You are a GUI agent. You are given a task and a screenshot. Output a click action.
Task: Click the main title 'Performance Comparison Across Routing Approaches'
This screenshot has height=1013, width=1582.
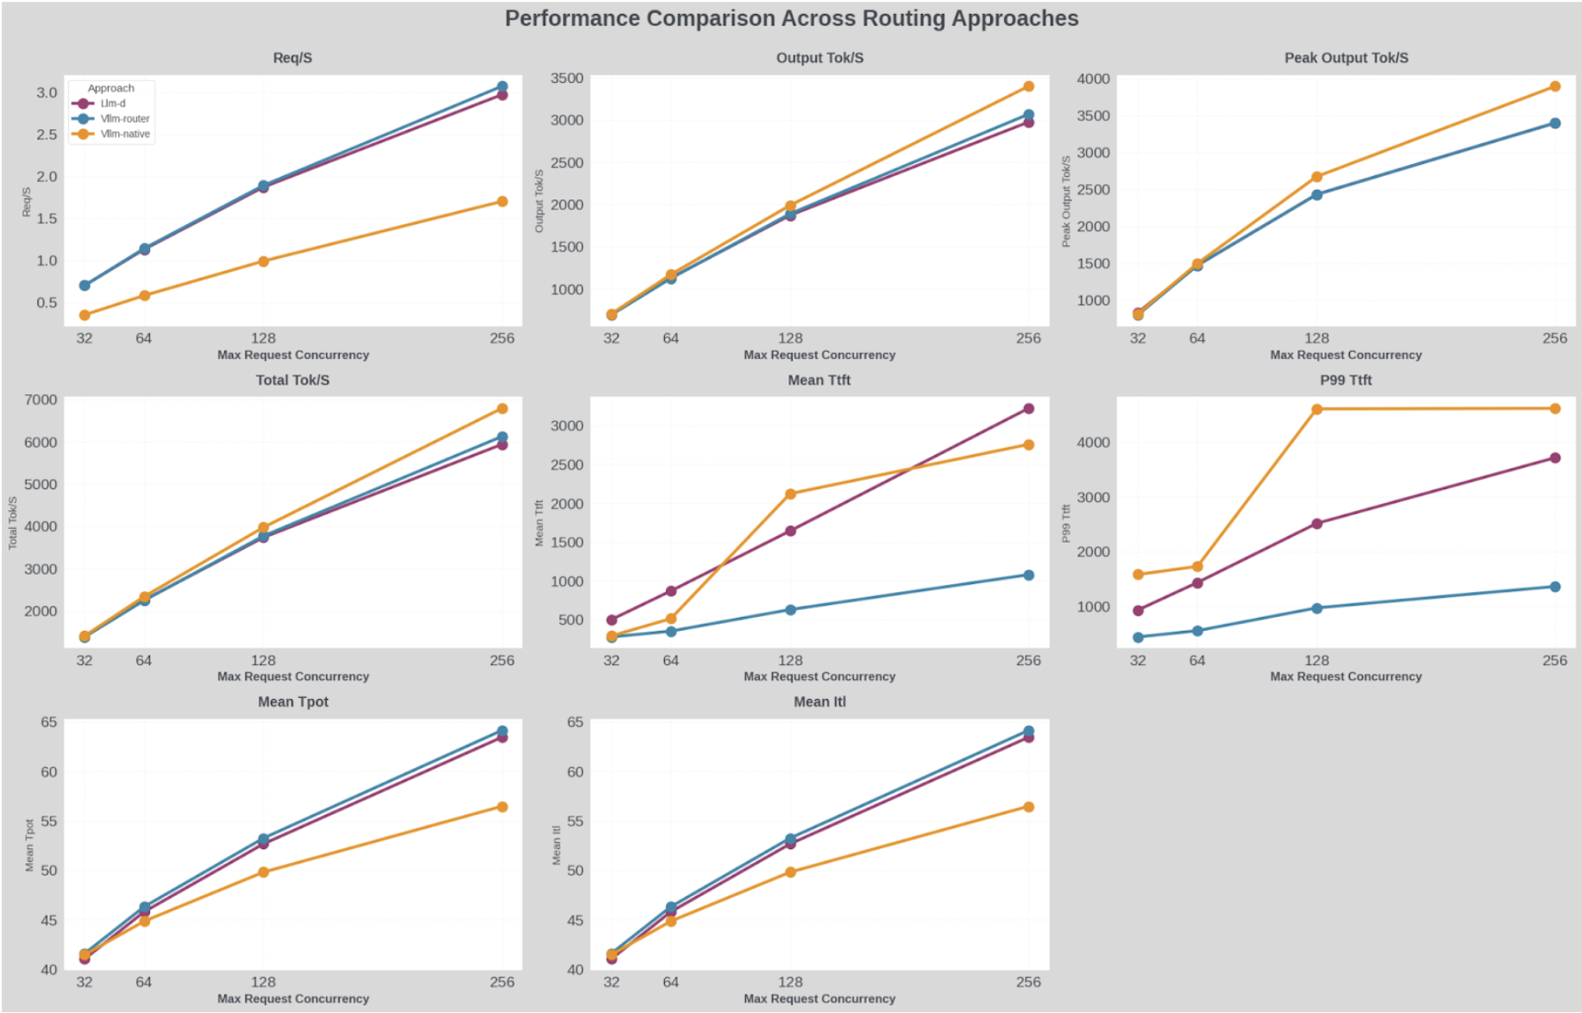(x=791, y=19)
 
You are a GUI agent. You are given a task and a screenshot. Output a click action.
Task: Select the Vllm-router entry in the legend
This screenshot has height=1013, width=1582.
(x=124, y=119)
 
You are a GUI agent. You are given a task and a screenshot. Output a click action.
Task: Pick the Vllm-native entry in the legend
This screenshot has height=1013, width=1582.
(x=124, y=135)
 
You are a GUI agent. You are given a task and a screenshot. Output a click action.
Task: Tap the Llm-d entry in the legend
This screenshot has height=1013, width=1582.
(x=113, y=104)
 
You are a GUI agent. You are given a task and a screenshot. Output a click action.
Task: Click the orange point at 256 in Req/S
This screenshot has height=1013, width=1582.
(x=502, y=202)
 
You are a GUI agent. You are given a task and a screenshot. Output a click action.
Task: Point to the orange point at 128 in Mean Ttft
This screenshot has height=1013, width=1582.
(x=790, y=494)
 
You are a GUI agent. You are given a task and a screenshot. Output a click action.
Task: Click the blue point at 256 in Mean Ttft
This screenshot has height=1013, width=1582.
(x=1028, y=576)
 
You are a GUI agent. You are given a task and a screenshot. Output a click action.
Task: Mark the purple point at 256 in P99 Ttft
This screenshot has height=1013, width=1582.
(x=1554, y=458)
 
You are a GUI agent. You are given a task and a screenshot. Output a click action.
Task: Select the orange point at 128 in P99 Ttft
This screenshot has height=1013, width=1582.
(x=1316, y=409)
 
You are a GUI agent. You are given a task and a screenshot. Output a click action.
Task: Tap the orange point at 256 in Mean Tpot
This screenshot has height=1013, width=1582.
(x=502, y=808)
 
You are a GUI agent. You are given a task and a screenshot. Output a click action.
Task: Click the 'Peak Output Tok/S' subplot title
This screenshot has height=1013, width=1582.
(x=1346, y=58)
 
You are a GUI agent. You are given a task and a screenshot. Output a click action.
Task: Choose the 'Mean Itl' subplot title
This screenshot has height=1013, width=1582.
(x=819, y=702)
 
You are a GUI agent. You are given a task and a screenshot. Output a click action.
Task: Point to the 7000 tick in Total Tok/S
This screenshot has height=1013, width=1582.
(x=41, y=400)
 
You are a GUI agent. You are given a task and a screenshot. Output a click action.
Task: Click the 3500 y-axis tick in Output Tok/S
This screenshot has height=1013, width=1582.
(x=567, y=79)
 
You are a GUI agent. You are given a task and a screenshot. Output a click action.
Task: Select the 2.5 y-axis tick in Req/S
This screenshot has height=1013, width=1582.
(x=47, y=135)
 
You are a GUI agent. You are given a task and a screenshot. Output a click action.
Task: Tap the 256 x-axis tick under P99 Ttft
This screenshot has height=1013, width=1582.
(x=1554, y=661)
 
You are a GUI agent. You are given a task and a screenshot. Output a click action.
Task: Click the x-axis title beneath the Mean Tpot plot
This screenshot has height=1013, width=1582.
(x=293, y=999)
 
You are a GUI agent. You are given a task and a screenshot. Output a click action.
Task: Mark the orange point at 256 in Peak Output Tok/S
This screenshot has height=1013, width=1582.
(x=1554, y=86)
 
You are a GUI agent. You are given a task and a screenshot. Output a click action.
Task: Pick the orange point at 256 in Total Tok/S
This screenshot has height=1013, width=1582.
(x=502, y=409)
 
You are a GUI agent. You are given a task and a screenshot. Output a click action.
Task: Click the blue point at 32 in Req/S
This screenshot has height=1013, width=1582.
(x=85, y=286)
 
